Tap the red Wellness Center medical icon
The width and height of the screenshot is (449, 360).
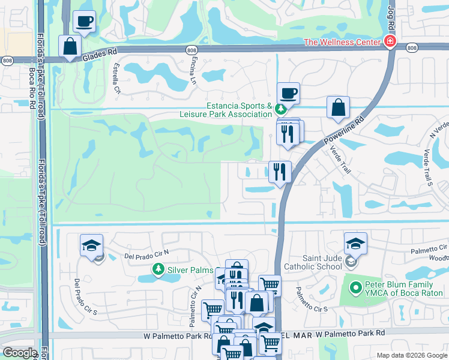tap(390, 41)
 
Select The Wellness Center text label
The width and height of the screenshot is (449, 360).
tap(343, 42)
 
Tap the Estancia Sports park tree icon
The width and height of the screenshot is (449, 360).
tap(280, 109)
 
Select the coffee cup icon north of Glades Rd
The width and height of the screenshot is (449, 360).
tap(84, 22)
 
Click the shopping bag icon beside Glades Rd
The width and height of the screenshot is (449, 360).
tap(70, 46)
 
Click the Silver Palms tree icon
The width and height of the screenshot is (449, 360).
tap(158, 269)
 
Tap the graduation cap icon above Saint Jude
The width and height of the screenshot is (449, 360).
tap(355, 243)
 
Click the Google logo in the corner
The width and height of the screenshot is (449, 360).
tap(20, 353)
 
